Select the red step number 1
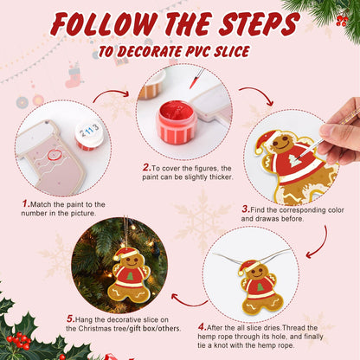point(26,204)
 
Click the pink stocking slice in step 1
point(52,156)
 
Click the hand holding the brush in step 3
point(342,130)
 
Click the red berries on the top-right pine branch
point(343,17)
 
